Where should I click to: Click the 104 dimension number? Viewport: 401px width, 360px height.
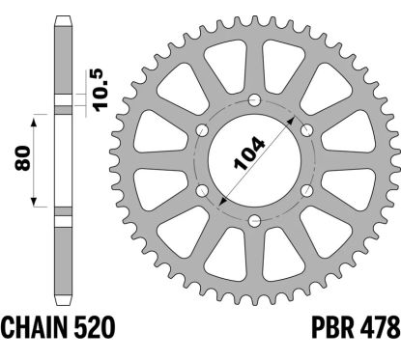tap(249, 153)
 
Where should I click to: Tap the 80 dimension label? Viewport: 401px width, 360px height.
tap(22, 158)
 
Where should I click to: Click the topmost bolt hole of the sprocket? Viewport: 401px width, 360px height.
tap(254, 100)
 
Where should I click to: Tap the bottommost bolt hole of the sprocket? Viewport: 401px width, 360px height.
tap(254, 220)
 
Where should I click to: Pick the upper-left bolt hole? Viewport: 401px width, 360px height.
tap(202, 130)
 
